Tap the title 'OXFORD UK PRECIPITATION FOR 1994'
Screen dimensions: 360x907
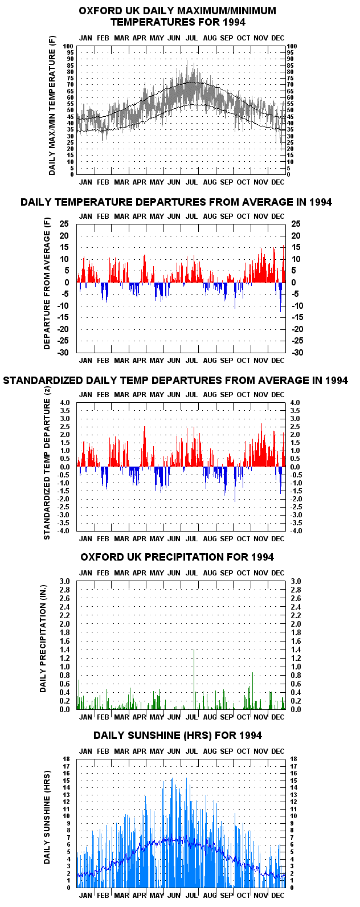click(x=177, y=557)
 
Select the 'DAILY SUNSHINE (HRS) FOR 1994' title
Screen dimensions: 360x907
click(x=177, y=736)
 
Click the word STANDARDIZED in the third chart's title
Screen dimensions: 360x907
click(x=47, y=380)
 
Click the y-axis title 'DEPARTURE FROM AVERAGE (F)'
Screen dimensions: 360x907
click(x=47, y=284)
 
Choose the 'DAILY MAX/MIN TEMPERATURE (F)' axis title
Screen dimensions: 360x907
click(x=51, y=106)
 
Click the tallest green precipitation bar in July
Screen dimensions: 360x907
click(x=194, y=679)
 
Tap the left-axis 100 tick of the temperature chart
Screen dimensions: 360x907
click(x=68, y=46)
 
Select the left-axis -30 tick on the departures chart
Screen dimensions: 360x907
click(x=62, y=352)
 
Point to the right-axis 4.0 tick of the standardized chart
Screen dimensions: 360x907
click(x=295, y=402)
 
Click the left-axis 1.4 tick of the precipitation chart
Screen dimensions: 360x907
click(x=65, y=649)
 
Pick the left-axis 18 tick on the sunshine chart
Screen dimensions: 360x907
click(x=67, y=759)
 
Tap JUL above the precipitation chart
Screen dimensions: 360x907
click(x=191, y=573)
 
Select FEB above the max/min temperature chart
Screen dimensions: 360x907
click(x=103, y=38)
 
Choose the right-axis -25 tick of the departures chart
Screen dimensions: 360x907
click(x=297, y=341)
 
